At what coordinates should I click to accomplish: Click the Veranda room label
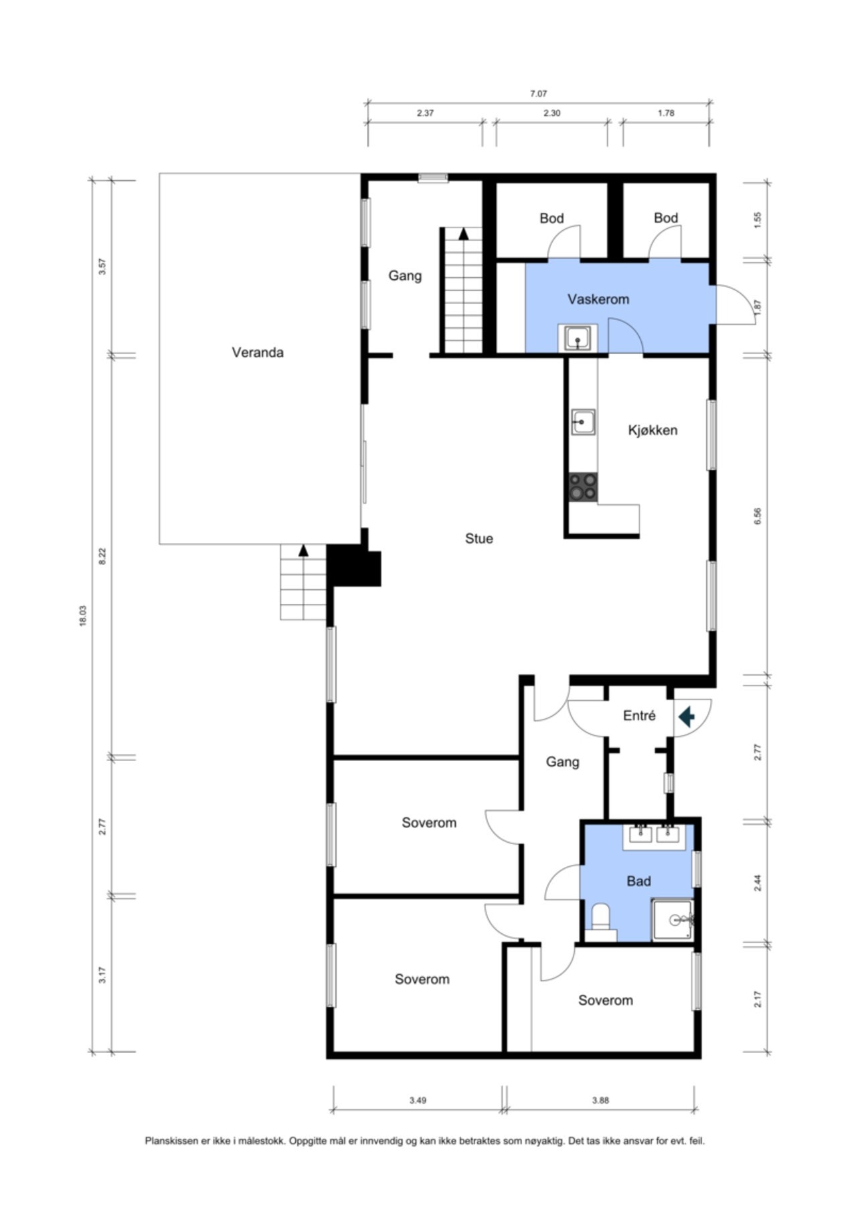click(x=258, y=352)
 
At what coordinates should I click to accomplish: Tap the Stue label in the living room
click(x=479, y=538)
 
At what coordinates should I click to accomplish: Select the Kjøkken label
click(x=653, y=430)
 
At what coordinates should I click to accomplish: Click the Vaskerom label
click(x=598, y=299)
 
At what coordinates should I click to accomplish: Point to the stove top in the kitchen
click(x=583, y=487)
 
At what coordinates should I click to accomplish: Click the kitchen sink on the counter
click(x=583, y=422)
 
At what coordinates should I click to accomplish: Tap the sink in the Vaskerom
click(x=578, y=337)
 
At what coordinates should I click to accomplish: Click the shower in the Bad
click(x=673, y=920)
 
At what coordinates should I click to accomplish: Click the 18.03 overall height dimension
click(x=83, y=616)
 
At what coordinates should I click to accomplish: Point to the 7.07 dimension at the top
click(x=538, y=94)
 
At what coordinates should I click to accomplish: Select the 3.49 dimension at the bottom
click(x=418, y=1100)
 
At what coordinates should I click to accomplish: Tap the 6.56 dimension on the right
click(x=758, y=516)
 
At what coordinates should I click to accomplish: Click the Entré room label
click(x=639, y=716)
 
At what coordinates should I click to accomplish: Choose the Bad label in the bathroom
click(x=638, y=881)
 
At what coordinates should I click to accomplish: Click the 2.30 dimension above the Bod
click(x=551, y=113)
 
